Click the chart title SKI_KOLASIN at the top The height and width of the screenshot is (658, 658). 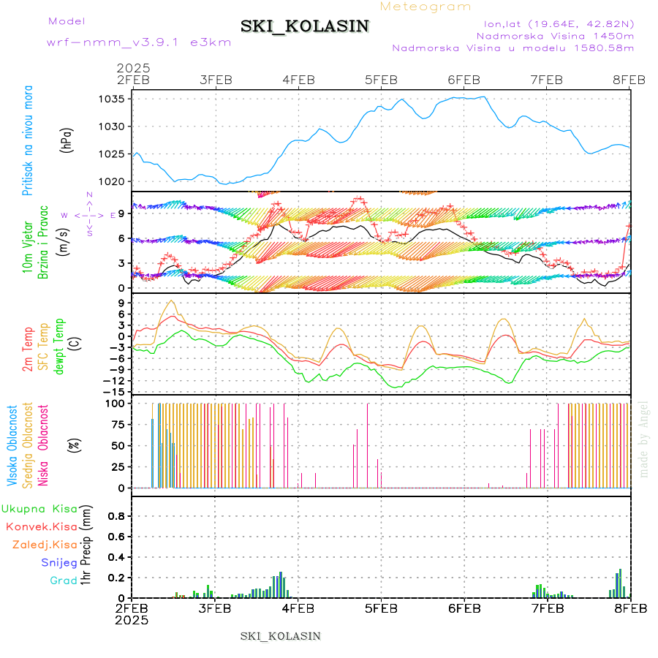(x=305, y=26)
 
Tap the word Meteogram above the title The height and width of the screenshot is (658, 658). (x=426, y=7)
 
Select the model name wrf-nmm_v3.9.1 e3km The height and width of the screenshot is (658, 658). (x=139, y=42)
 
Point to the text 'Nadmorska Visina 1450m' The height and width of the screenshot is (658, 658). (x=555, y=35)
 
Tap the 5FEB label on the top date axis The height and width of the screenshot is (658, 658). (x=381, y=80)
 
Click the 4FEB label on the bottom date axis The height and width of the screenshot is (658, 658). (x=298, y=608)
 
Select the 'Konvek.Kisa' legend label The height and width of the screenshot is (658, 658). (x=41, y=526)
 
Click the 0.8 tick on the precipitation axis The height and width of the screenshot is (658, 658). (x=115, y=515)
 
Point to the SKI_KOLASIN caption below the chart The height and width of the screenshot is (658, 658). (x=281, y=635)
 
